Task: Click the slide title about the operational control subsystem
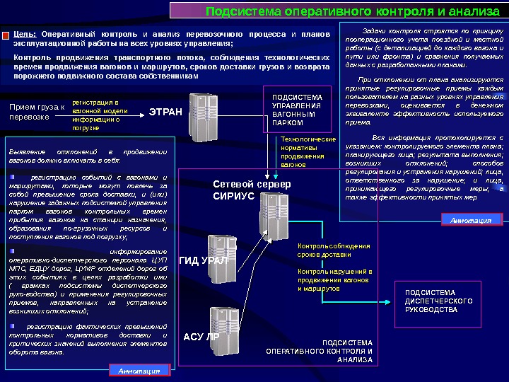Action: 351,11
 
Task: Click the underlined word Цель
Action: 25,34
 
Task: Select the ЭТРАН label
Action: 165,111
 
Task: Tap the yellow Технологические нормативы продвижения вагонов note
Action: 308,152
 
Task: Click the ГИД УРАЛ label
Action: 204,260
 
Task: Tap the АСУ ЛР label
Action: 201,337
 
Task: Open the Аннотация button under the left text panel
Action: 139,370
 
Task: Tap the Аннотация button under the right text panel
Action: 471,220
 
